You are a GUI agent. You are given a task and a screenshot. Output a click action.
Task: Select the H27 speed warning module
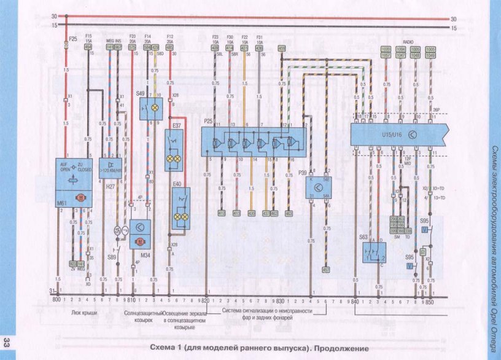[x=111, y=166]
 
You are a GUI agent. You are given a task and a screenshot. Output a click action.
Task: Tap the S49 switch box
[x=150, y=108]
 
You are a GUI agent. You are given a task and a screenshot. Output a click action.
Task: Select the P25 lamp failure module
[x=254, y=141]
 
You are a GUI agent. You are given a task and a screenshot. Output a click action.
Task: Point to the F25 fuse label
[x=73, y=39]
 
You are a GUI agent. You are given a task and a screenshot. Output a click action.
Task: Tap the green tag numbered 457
[x=326, y=268]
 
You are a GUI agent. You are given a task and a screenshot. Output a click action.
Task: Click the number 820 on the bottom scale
[x=205, y=300]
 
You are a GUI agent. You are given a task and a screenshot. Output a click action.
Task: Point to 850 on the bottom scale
[x=430, y=300]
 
